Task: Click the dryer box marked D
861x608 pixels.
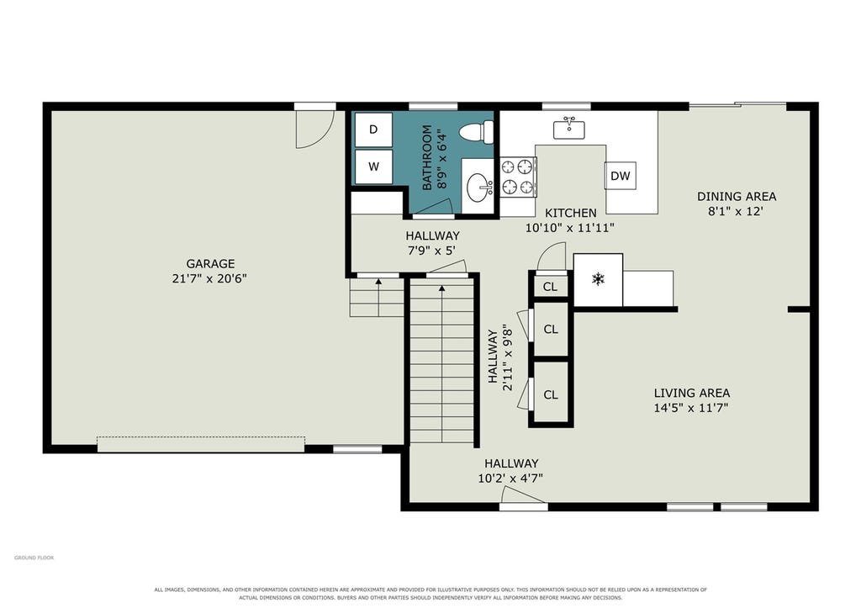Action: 373,130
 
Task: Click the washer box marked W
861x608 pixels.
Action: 373,167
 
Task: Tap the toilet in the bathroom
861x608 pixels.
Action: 476,132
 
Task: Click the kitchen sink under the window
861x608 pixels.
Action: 569,130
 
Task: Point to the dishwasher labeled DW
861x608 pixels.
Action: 621,176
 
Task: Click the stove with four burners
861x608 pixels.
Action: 518,177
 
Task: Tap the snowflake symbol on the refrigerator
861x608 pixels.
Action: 598,279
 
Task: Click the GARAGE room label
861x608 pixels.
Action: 210,263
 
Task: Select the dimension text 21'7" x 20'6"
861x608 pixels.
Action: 209,278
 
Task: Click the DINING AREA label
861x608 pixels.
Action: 737,196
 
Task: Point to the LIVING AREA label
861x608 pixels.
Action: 692,393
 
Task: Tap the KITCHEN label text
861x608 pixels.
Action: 571,213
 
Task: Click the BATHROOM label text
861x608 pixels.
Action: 426,157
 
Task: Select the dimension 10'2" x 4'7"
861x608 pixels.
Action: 510,478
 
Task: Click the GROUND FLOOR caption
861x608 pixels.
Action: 34,558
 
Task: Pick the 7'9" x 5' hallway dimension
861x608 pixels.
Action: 431,251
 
